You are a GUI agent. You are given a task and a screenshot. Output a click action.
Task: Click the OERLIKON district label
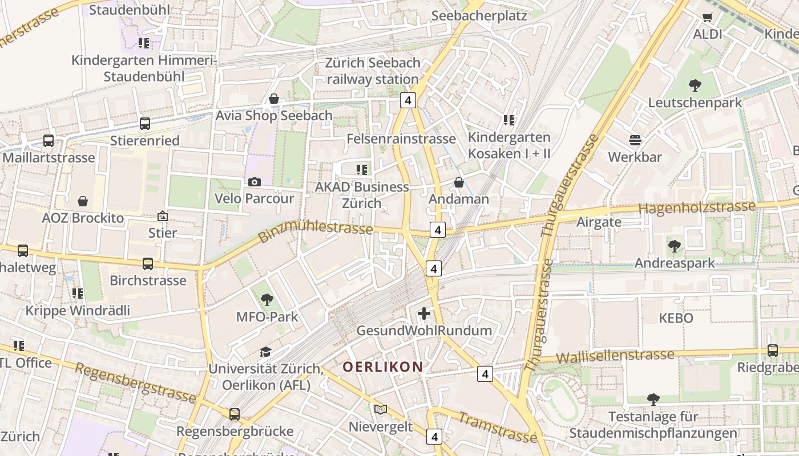point(383,367)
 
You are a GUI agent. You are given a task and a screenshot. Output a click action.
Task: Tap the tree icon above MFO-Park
point(267,299)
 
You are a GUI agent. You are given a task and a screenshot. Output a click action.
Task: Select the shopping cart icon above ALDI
point(708,18)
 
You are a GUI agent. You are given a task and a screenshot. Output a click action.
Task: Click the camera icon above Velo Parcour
point(255,182)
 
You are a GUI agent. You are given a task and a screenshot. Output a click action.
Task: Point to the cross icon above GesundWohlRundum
point(424,313)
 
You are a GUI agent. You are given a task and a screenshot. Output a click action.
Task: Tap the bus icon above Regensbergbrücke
point(235,414)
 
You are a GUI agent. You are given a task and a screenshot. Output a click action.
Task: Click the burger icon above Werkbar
point(635,140)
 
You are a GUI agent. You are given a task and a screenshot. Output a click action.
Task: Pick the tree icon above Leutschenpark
point(695,85)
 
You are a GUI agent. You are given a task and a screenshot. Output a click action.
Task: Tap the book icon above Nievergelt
point(381,409)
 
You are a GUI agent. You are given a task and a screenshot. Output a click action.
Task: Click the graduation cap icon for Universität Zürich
point(265,352)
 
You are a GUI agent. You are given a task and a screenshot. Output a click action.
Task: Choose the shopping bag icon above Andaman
point(458,182)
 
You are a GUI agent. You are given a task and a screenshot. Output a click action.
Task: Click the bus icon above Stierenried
point(145,123)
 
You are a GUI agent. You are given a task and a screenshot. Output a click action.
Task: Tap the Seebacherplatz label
point(479,15)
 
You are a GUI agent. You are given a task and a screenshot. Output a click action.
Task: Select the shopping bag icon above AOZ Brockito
point(83,201)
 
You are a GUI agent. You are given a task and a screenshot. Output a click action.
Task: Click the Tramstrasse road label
point(497,427)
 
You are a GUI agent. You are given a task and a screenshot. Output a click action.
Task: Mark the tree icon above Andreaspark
point(674,246)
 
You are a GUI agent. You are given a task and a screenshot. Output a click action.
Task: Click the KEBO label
point(676,318)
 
